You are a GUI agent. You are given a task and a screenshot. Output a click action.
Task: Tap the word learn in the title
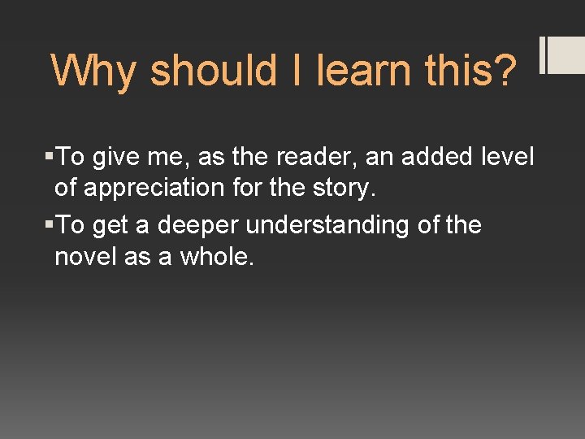click(x=362, y=71)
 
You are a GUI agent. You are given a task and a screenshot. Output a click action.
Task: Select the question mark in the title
click(x=503, y=71)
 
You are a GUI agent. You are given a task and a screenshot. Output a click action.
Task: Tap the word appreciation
click(x=152, y=188)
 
